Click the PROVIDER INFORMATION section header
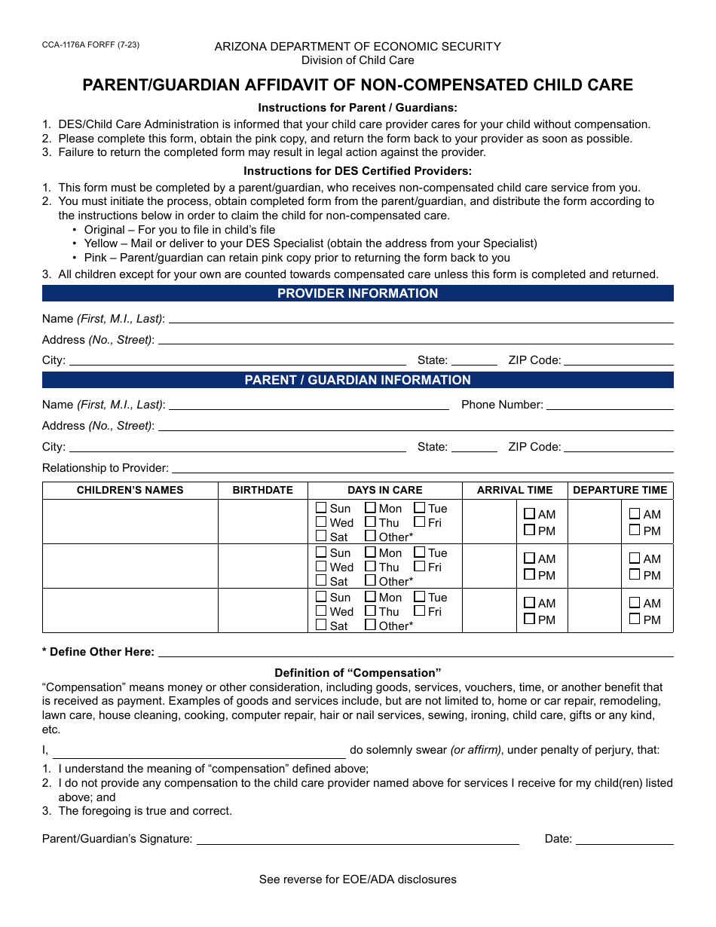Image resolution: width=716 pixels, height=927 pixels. (357, 294)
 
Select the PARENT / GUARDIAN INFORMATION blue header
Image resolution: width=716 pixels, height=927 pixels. (357, 381)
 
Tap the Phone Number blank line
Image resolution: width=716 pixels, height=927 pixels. (609, 405)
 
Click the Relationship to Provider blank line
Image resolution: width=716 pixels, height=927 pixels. (422, 469)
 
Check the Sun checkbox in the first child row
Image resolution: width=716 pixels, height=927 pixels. (322, 509)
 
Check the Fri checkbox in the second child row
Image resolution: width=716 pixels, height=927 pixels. (420, 567)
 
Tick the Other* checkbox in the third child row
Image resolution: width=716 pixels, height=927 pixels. (371, 626)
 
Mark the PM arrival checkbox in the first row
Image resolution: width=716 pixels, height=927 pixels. (530, 531)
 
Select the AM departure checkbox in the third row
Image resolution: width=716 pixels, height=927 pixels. (635, 603)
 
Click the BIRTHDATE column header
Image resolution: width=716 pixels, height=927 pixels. (262, 490)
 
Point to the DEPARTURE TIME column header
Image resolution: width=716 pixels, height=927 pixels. (620, 490)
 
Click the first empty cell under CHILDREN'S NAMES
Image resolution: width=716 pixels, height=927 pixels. (130, 522)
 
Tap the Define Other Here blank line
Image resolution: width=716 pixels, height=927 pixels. (415, 653)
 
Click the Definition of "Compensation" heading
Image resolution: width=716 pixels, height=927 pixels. (357, 673)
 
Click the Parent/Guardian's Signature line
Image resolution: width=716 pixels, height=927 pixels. (357, 840)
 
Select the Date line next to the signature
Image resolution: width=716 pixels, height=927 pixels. (625, 840)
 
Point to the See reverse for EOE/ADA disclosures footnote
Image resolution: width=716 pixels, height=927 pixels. (357, 880)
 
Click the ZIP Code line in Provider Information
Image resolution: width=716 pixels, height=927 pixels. (618, 361)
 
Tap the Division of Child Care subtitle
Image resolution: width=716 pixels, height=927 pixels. (357, 60)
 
